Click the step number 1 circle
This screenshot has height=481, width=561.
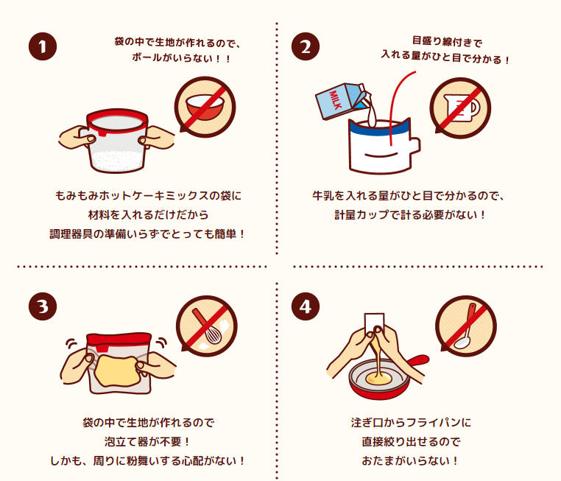pyautogui.click(x=43, y=46)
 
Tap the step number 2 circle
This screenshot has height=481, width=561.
pyautogui.click(x=306, y=46)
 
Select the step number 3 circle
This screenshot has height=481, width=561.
pyautogui.click(x=43, y=306)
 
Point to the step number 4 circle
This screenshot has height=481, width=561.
pyautogui.click(x=306, y=306)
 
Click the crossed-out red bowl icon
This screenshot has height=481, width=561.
pyautogui.click(x=205, y=107)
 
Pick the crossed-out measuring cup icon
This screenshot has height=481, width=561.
pyautogui.click(x=460, y=108)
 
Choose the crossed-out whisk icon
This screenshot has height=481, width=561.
pyautogui.click(x=207, y=326)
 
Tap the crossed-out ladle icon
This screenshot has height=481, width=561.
pyautogui.click(x=466, y=326)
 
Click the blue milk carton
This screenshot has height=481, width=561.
pyautogui.click(x=343, y=101)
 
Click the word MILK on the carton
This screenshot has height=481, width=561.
pyautogui.click(x=336, y=100)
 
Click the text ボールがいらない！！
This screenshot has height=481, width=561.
pyautogui.click(x=181, y=57)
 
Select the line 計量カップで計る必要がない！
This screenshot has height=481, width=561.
pyautogui.click(x=410, y=215)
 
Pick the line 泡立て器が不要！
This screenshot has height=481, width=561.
pyautogui.click(x=147, y=442)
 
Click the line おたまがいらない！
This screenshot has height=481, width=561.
pyautogui.click(x=410, y=460)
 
